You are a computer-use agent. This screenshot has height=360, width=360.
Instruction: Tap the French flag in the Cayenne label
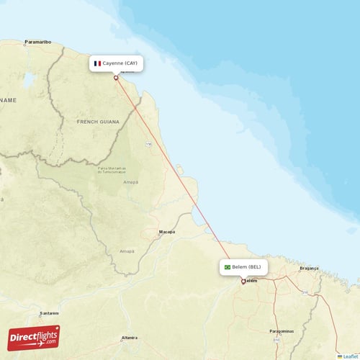(97, 63)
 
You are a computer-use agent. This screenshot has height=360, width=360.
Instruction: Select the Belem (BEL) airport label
(245, 266)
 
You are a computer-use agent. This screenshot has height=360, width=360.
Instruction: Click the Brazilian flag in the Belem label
(228, 267)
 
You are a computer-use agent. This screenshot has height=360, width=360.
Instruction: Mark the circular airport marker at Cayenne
(116, 78)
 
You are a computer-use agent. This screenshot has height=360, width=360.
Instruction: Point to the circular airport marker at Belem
(243, 281)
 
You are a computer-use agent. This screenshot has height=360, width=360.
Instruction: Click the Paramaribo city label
(37, 42)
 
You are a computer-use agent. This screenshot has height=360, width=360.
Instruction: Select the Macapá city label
(167, 232)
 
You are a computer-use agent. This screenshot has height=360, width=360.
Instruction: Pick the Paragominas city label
(281, 330)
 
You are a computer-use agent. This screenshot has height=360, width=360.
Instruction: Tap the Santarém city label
(48, 313)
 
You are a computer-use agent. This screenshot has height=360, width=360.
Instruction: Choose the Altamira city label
(130, 337)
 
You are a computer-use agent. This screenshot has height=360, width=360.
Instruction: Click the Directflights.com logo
(34, 337)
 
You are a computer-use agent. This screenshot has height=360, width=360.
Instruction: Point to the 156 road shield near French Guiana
(149, 145)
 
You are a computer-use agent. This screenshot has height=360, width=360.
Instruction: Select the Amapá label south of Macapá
(127, 251)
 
